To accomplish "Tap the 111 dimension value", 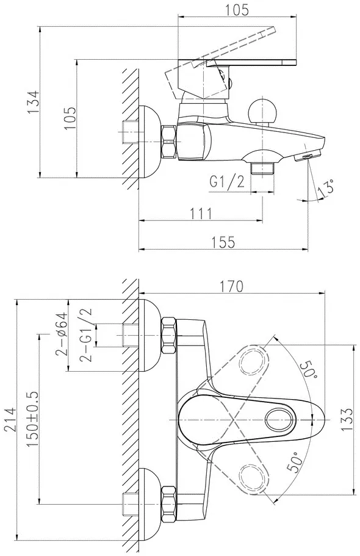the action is (x=201, y=214).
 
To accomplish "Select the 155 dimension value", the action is (x=223, y=242).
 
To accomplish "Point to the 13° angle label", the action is (x=326, y=188).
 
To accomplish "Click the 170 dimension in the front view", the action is (x=231, y=286).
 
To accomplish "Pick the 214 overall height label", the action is (x=10, y=419).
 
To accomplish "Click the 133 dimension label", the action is (x=347, y=419).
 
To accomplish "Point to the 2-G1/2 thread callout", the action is (x=85, y=334).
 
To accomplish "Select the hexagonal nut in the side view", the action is (x=169, y=142).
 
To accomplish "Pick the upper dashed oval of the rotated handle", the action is (x=253, y=361).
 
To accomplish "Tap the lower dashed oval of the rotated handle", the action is (x=253, y=478).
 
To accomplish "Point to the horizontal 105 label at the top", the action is (x=237, y=10).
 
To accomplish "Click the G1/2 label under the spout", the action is (x=228, y=182).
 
